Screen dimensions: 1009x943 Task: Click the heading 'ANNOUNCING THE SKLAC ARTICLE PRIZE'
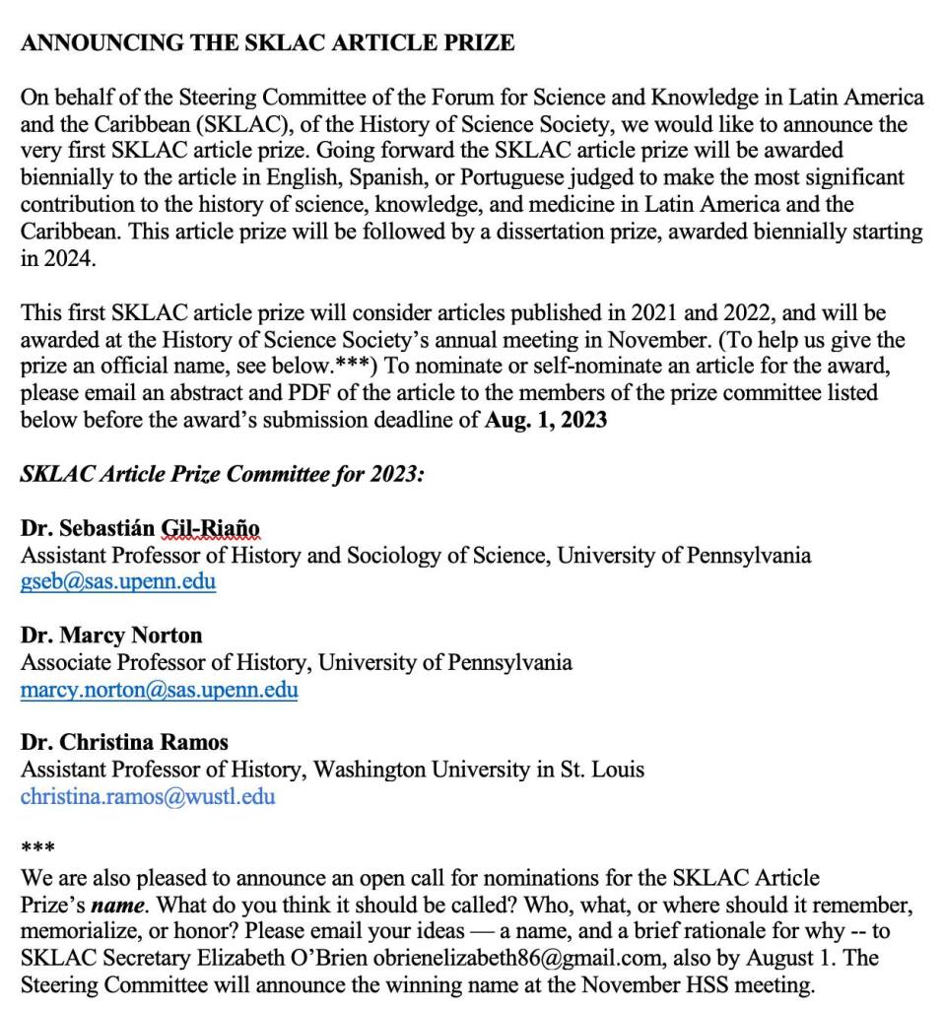click(x=267, y=43)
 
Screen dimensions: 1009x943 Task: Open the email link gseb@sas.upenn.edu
click(x=118, y=581)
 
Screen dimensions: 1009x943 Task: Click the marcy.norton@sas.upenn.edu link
click(x=159, y=690)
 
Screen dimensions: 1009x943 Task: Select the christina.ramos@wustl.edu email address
click(x=148, y=796)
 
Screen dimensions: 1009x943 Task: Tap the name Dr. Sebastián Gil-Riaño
click(x=140, y=528)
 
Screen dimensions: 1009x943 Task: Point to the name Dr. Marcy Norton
click(x=111, y=636)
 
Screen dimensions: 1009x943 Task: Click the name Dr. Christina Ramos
click(x=124, y=742)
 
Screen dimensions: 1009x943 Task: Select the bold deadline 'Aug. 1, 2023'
click(x=547, y=421)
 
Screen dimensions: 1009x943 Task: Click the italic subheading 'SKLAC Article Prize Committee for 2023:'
click(x=223, y=474)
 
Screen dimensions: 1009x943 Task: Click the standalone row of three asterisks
click(x=37, y=848)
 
